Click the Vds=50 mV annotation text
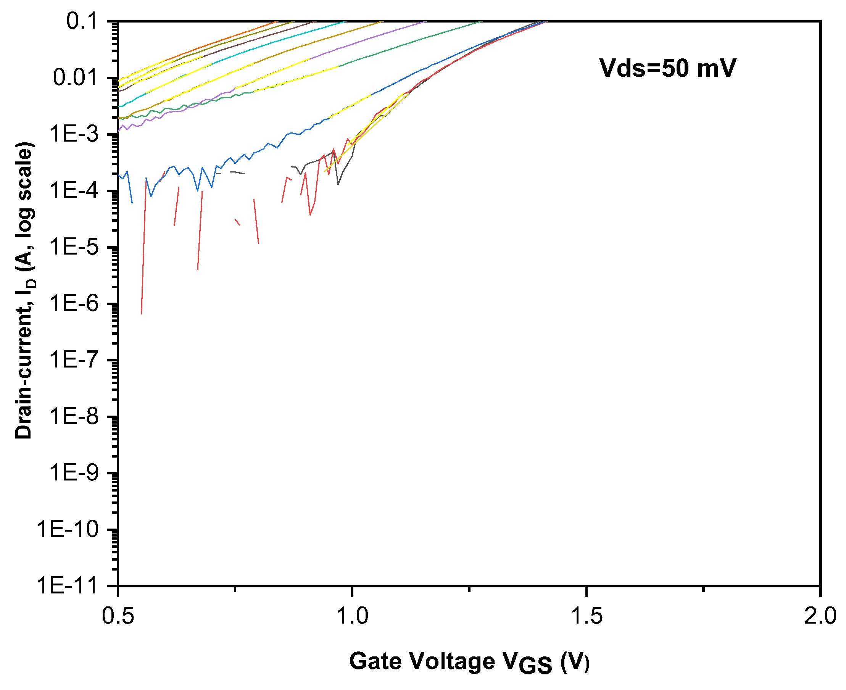tap(667, 68)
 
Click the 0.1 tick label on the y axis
tap(81, 21)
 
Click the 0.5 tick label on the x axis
tap(118, 616)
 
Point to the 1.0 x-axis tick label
tap(352, 616)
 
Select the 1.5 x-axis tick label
tap(586, 616)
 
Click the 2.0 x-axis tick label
tap(820, 616)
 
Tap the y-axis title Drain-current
tap(25, 290)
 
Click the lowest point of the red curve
tap(141, 314)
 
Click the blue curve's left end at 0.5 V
tap(119, 175)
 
